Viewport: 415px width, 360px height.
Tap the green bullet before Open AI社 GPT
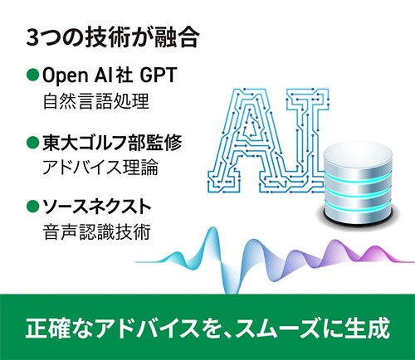tap(32, 75)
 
